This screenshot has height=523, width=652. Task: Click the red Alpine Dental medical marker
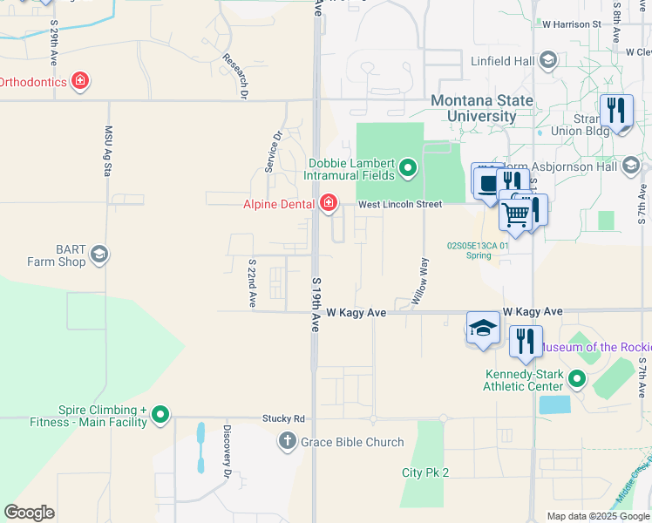click(x=329, y=204)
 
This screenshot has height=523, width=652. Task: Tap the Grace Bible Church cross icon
click(x=288, y=442)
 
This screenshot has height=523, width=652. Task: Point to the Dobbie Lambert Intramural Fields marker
click(x=407, y=166)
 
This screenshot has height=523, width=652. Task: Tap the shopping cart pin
click(x=516, y=212)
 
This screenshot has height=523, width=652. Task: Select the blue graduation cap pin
click(x=482, y=329)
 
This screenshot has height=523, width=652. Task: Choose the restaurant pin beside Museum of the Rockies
click(x=525, y=341)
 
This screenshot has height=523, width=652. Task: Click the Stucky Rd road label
click(x=284, y=418)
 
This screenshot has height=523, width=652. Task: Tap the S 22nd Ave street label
click(x=252, y=283)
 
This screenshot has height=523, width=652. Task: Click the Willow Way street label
click(x=420, y=281)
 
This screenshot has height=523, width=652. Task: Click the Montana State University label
click(x=483, y=108)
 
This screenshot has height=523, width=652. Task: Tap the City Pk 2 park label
click(x=425, y=472)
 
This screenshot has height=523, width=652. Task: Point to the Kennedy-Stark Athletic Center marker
click(x=576, y=379)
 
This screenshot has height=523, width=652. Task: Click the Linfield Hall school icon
click(x=548, y=59)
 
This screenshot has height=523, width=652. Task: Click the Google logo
click(x=30, y=513)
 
